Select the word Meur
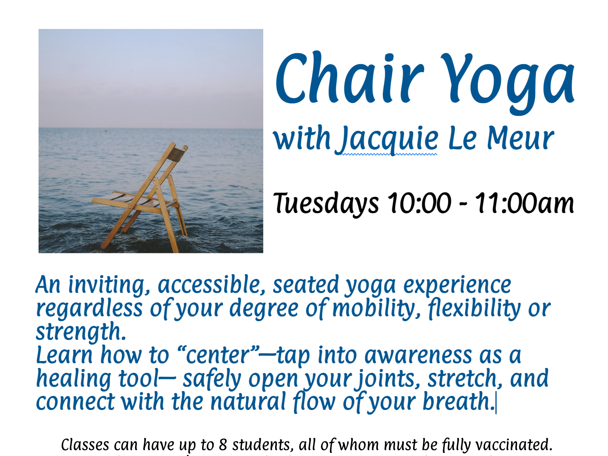click(x=520, y=139)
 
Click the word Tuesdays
click(x=326, y=203)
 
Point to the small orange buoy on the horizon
click(x=106, y=130)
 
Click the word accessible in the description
click(x=211, y=285)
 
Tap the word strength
click(x=80, y=332)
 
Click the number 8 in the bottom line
click(x=223, y=445)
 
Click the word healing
click(x=73, y=379)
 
